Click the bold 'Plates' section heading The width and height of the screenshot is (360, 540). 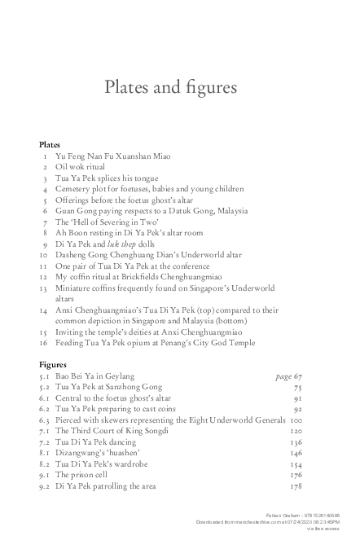[50, 144]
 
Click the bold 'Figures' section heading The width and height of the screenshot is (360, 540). [53, 365]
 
